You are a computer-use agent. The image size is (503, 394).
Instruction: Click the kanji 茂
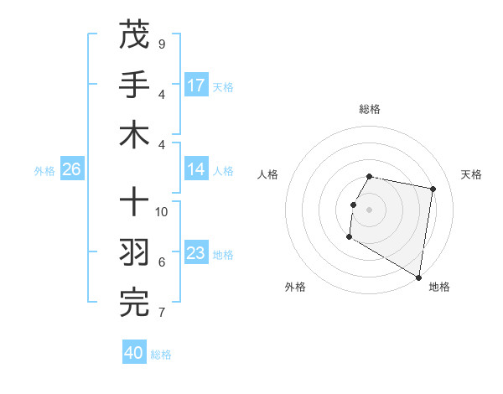point(134,34)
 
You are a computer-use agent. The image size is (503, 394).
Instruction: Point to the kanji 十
point(134,203)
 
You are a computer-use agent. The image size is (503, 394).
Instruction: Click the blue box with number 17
point(196,86)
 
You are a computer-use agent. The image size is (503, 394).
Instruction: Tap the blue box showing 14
point(196,169)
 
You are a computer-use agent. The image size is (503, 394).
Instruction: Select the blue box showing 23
point(196,253)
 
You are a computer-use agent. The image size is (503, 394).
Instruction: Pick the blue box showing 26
point(71,169)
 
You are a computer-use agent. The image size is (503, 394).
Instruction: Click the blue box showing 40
point(134,353)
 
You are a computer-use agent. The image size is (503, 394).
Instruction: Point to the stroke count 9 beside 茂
point(161,44)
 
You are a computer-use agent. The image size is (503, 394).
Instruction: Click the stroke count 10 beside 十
point(162,211)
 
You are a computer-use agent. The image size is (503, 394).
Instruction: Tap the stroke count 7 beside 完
point(161,313)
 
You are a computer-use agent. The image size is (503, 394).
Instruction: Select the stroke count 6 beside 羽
point(161,262)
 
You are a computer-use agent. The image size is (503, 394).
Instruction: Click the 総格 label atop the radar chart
point(370,109)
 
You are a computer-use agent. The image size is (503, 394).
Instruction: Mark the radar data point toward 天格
point(433,189)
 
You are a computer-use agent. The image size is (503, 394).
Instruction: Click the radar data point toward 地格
point(418,277)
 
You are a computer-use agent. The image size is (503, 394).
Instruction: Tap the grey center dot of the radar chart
point(370,210)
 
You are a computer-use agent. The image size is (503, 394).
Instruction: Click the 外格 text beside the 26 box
point(44,170)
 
